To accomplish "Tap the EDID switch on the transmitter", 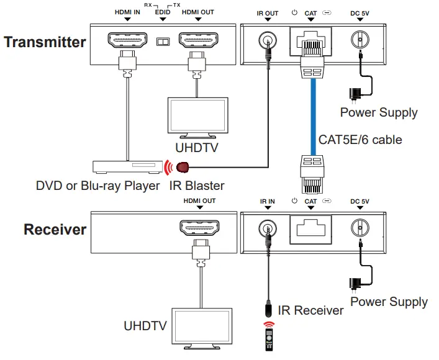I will (163, 42).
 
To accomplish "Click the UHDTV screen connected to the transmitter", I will (197, 119).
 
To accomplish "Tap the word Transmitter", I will (45, 42).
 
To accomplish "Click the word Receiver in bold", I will (55, 229).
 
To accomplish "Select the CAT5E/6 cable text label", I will (360, 139).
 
